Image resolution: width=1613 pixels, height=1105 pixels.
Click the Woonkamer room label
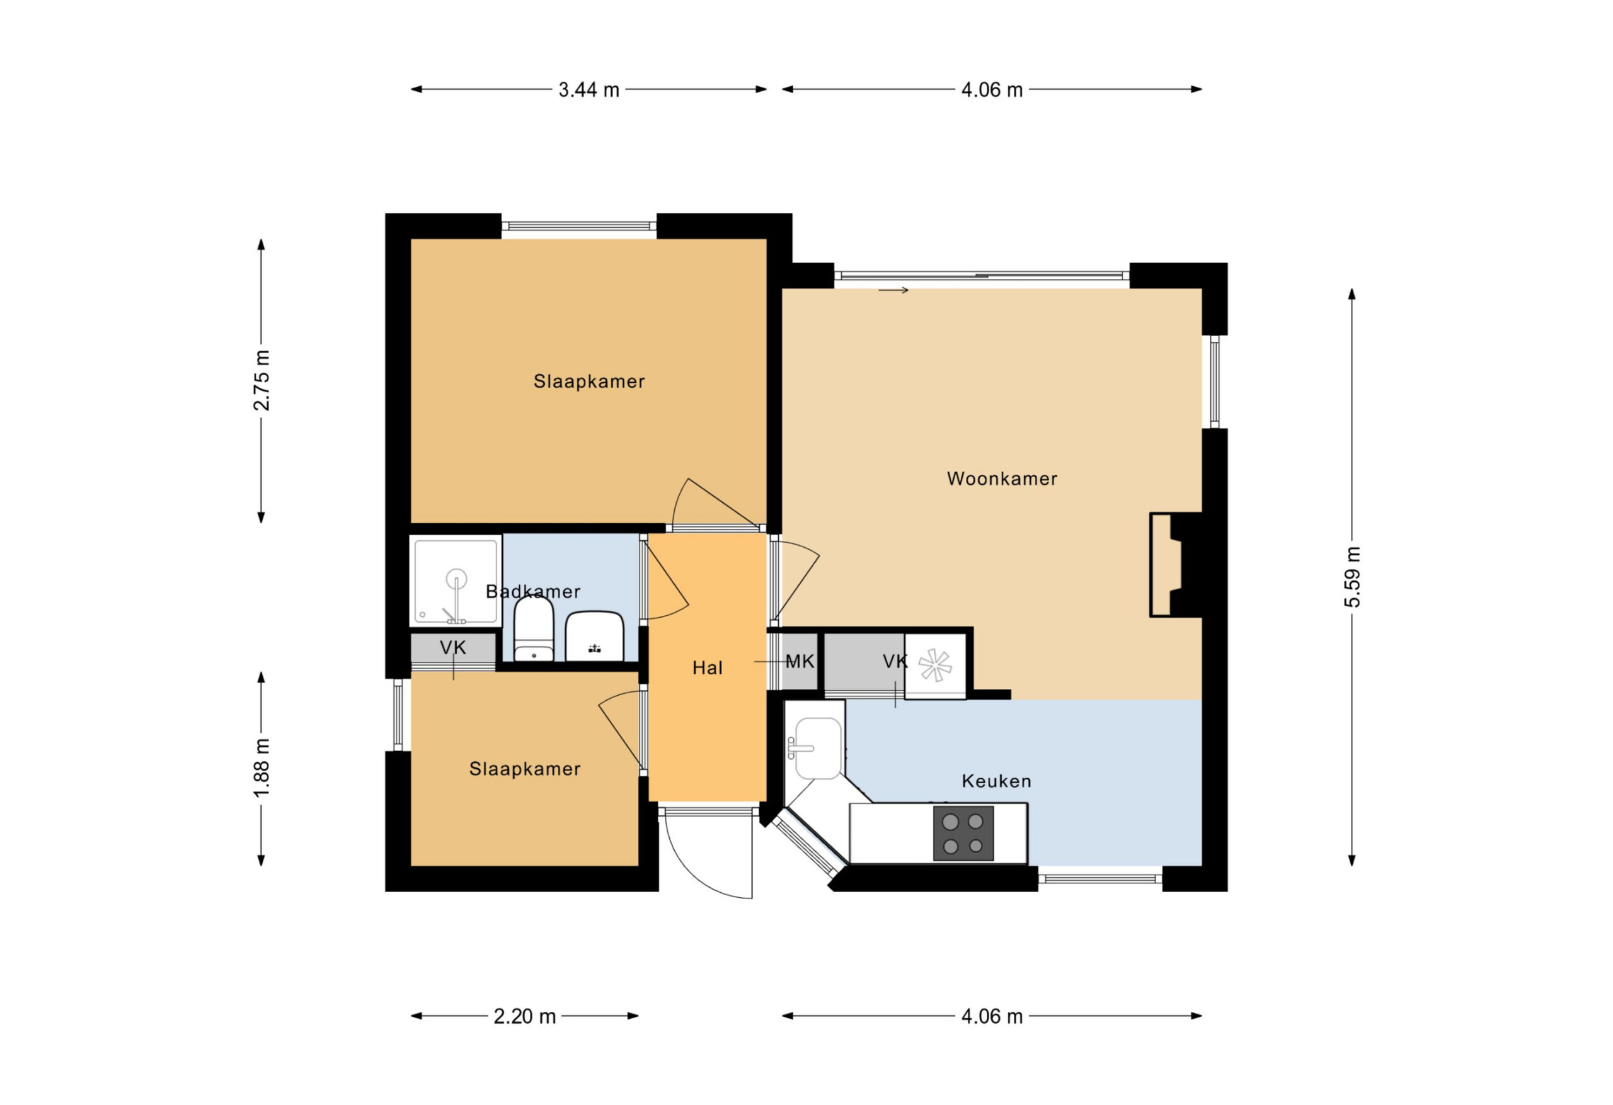pyautogui.click(x=1002, y=479)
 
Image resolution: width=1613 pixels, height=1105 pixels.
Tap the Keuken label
pyautogui.click(x=996, y=782)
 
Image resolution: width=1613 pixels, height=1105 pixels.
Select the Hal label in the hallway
pyautogui.click(x=707, y=668)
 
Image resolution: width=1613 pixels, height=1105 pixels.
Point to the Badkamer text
pyautogui.click(x=532, y=592)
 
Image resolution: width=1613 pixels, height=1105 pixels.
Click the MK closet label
pyautogui.click(x=800, y=662)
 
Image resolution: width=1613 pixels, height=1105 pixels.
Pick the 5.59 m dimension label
pyautogui.click(x=1352, y=577)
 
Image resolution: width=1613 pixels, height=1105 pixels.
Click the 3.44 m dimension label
pyautogui.click(x=588, y=90)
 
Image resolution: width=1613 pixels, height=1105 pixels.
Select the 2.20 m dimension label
pyautogui.click(x=525, y=1017)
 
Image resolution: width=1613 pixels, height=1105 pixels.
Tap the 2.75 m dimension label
pyautogui.click(x=261, y=381)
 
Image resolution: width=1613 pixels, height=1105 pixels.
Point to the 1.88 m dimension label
pyautogui.click(x=261, y=768)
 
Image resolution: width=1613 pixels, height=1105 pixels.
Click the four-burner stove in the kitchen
pyautogui.click(x=963, y=833)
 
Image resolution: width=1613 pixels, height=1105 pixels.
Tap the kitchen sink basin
pyautogui.click(x=818, y=749)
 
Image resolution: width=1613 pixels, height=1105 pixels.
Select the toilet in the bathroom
pyautogui.click(x=533, y=628)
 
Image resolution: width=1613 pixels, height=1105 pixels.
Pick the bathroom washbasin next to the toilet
pyautogui.click(x=594, y=636)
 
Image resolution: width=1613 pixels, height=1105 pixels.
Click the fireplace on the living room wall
pyautogui.click(x=1175, y=564)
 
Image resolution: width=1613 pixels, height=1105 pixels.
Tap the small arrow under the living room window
pyautogui.click(x=893, y=290)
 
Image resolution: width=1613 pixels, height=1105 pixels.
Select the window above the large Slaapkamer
pyautogui.click(x=579, y=226)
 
